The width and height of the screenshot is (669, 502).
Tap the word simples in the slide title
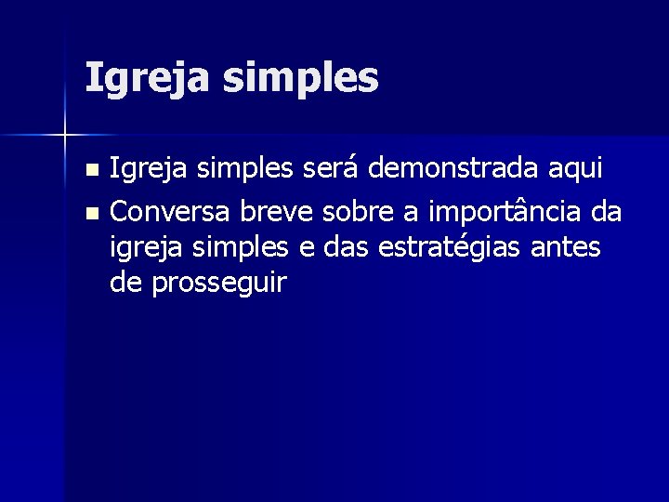[x=301, y=79]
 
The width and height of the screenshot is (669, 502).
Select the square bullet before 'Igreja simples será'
[x=90, y=171]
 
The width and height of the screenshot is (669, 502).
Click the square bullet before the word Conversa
[x=90, y=214]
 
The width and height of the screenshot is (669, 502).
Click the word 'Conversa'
[x=172, y=212]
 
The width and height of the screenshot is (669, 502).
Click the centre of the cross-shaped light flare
[x=65, y=136]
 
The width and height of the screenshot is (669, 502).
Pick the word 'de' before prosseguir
[x=125, y=283]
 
